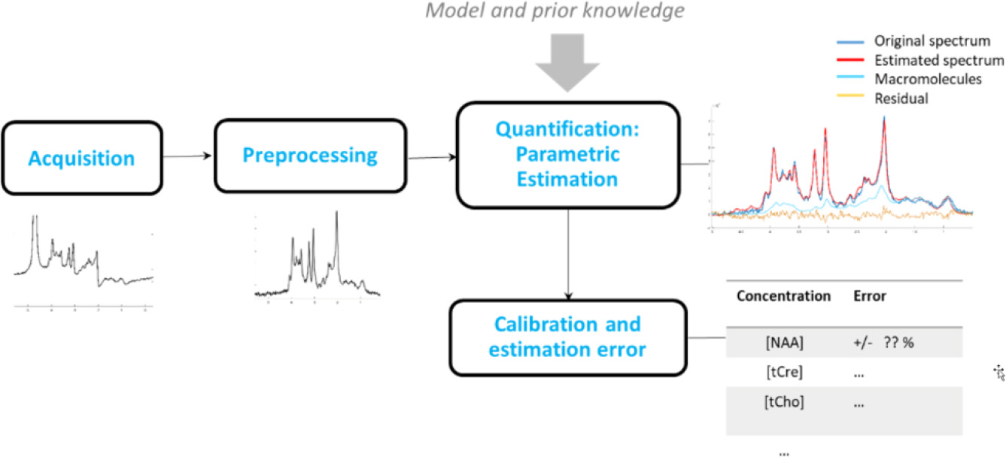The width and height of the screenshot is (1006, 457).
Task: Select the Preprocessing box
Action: pyautogui.click(x=310, y=156)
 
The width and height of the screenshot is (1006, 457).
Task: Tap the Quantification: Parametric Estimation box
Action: pyautogui.click(x=566, y=154)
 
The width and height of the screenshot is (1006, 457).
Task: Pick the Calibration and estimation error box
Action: pyautogui.click(x=567, y=337)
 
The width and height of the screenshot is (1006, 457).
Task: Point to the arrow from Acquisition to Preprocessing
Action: pyautogui.click(x=188, y=156)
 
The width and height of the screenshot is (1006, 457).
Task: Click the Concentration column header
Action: pyautogui.click(x=783, y=296)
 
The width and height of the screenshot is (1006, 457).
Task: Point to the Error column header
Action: pyautogui.click(x=870, y=296)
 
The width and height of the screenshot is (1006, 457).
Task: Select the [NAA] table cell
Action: pyautogui.click(x=783, y=342)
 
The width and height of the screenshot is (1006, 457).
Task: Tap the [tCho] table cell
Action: pyautogui.click(x=783, y=402)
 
